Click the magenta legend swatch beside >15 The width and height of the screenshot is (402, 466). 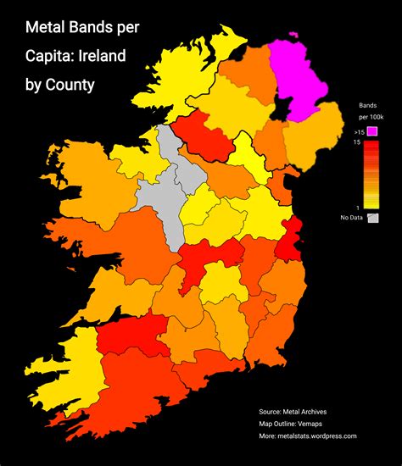pos(371,130)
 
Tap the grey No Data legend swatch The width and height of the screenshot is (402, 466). pos(371,219)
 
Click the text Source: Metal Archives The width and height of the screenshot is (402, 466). pos(293,411)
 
